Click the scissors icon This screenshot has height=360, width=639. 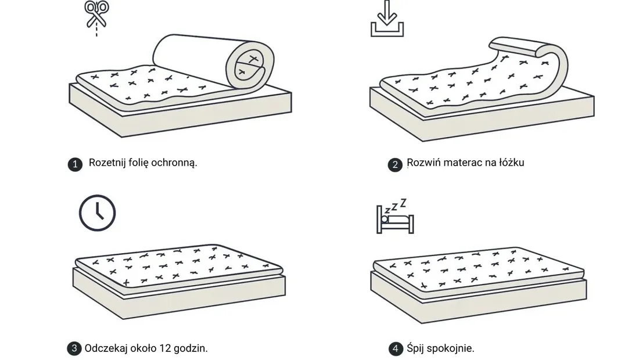[x=96, y=16]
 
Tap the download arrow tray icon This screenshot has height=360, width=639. [x=387, y=19]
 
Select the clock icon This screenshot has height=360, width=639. [x=98, y=213]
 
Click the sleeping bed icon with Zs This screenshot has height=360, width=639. [x=395, y=217]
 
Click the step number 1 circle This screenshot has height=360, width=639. [x=75, y=164]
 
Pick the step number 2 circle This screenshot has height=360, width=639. [x=395, y=164]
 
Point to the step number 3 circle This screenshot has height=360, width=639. [x=74, y=348]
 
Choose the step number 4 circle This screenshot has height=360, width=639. [x=395, y=348]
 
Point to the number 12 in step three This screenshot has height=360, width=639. [x=165, y=348]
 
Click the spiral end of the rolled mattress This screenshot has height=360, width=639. [x=250, y=65]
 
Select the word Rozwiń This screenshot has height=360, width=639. [x=423, y=163]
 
